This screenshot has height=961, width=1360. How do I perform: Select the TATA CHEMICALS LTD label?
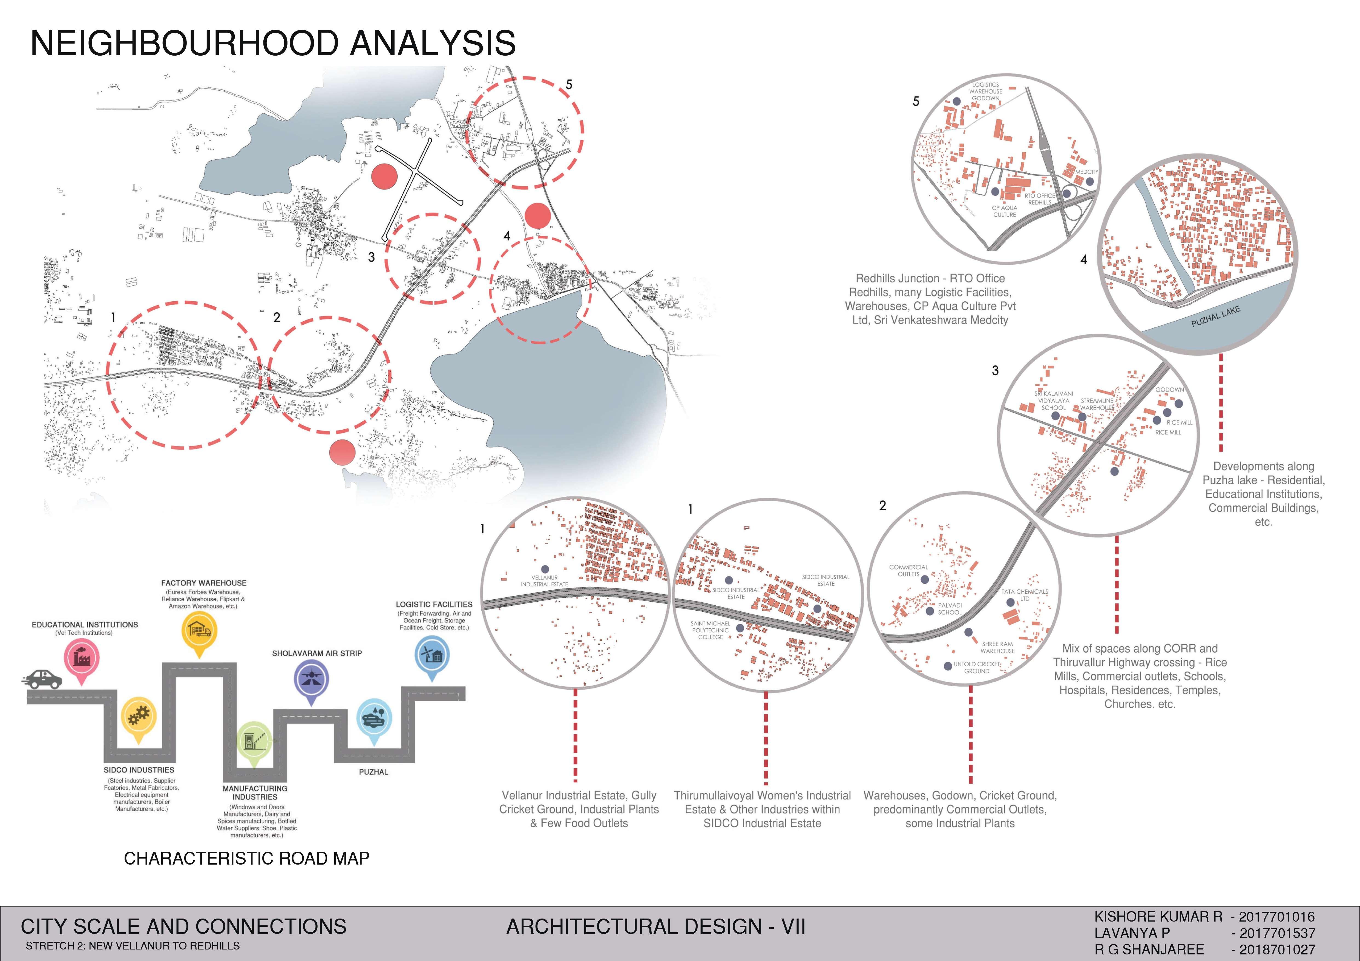pos(1025,595)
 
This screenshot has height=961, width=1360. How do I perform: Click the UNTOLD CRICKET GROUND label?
pos(977,668)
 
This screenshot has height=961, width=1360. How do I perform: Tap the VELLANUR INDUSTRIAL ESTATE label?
pos(544,581)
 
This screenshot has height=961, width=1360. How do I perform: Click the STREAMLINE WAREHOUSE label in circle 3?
pos(1097,404)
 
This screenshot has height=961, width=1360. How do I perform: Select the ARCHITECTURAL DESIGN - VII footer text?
pos(656,927)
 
